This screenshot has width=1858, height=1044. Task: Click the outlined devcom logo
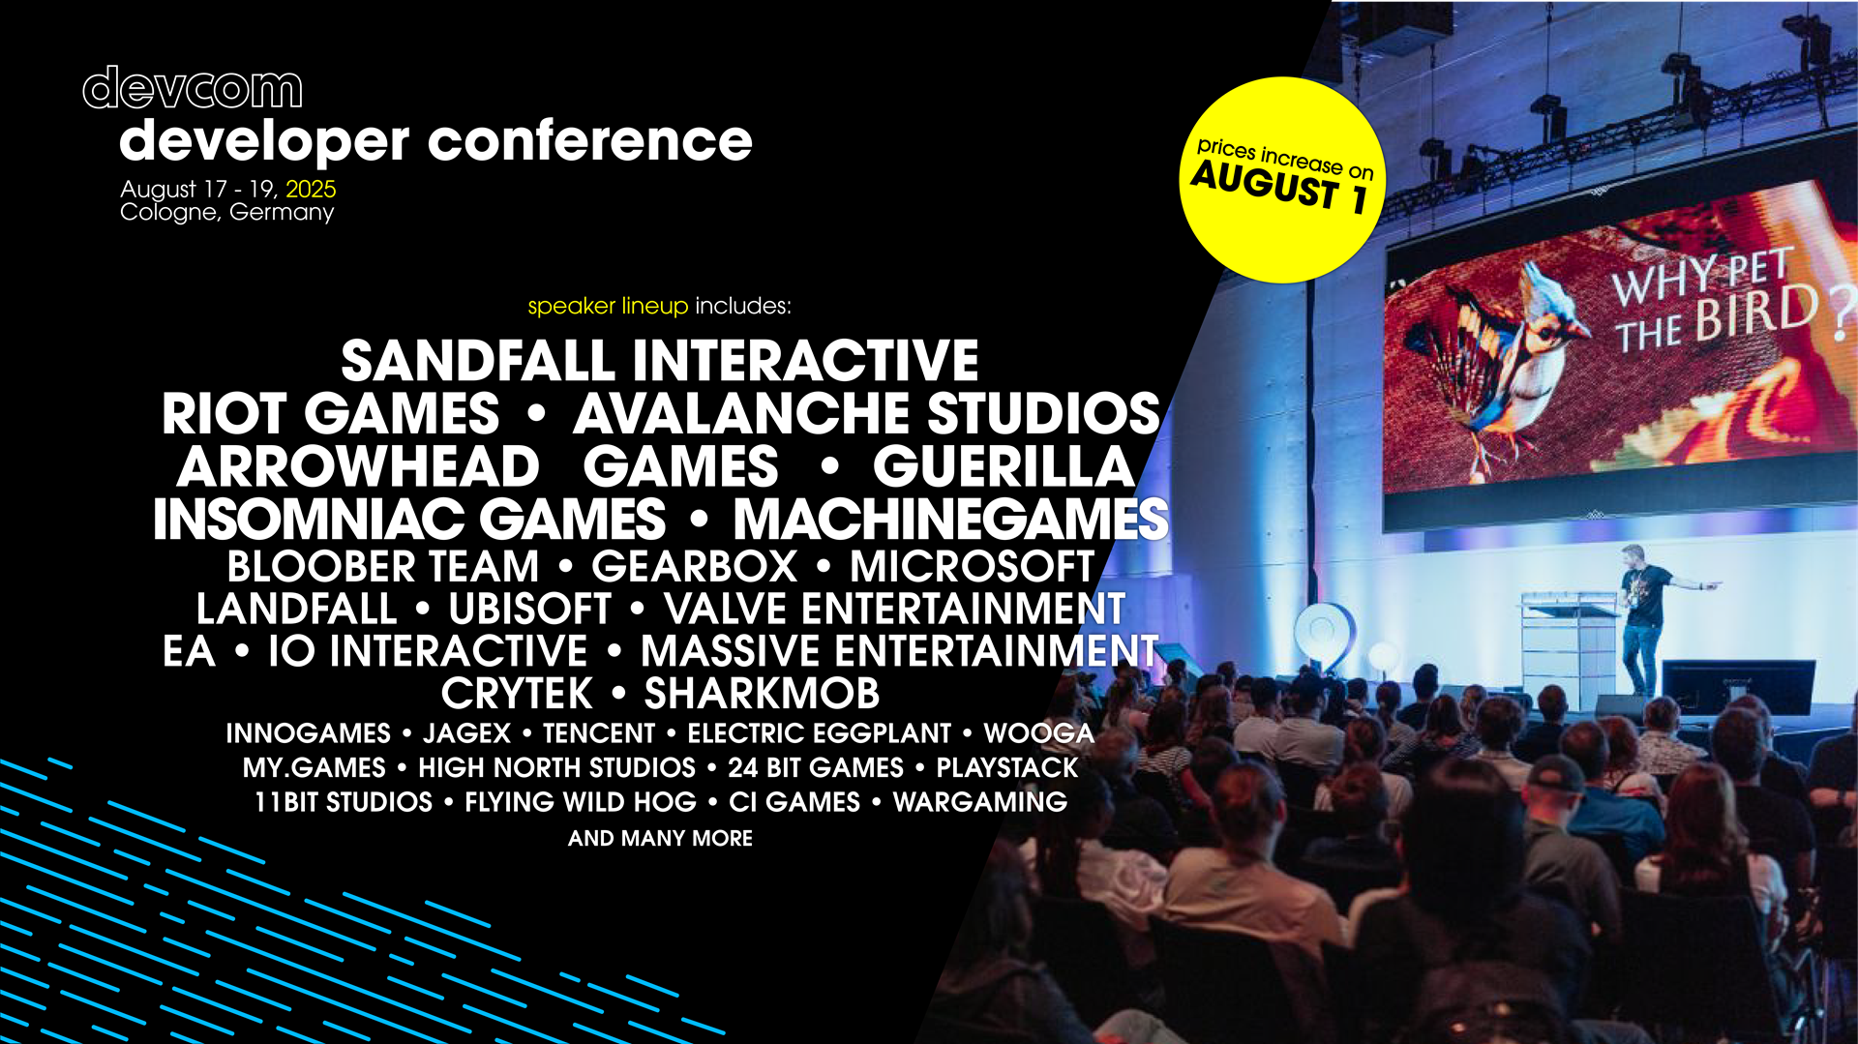[x=193, y=88]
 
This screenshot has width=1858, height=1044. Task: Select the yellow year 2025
[x=311, y=189]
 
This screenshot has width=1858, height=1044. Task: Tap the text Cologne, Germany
[x=227, y=213]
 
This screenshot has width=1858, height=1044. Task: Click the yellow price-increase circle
[x=1282, y=180]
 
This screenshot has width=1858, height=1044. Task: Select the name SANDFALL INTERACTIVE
[x=660, y=361]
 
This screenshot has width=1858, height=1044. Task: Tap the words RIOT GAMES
[x=330, y=414]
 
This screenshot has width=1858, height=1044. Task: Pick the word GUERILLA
[x=1004, y=466]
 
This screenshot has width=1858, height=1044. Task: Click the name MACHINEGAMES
[x=950, y=520]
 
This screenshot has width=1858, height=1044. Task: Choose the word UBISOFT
[x=529, y=610]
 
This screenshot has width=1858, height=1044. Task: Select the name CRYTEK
[x=517, y=694]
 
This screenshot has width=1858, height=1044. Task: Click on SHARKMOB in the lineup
[x=762, y=694]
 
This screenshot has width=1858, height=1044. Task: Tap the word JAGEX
[x=466, y=733]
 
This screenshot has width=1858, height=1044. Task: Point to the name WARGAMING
[x=979, y=802]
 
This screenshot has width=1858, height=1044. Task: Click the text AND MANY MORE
[x=660, y=838]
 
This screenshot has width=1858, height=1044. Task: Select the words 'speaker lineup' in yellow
[x=608, y=307]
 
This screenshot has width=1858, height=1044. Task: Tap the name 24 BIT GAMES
[x=815, y=768]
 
